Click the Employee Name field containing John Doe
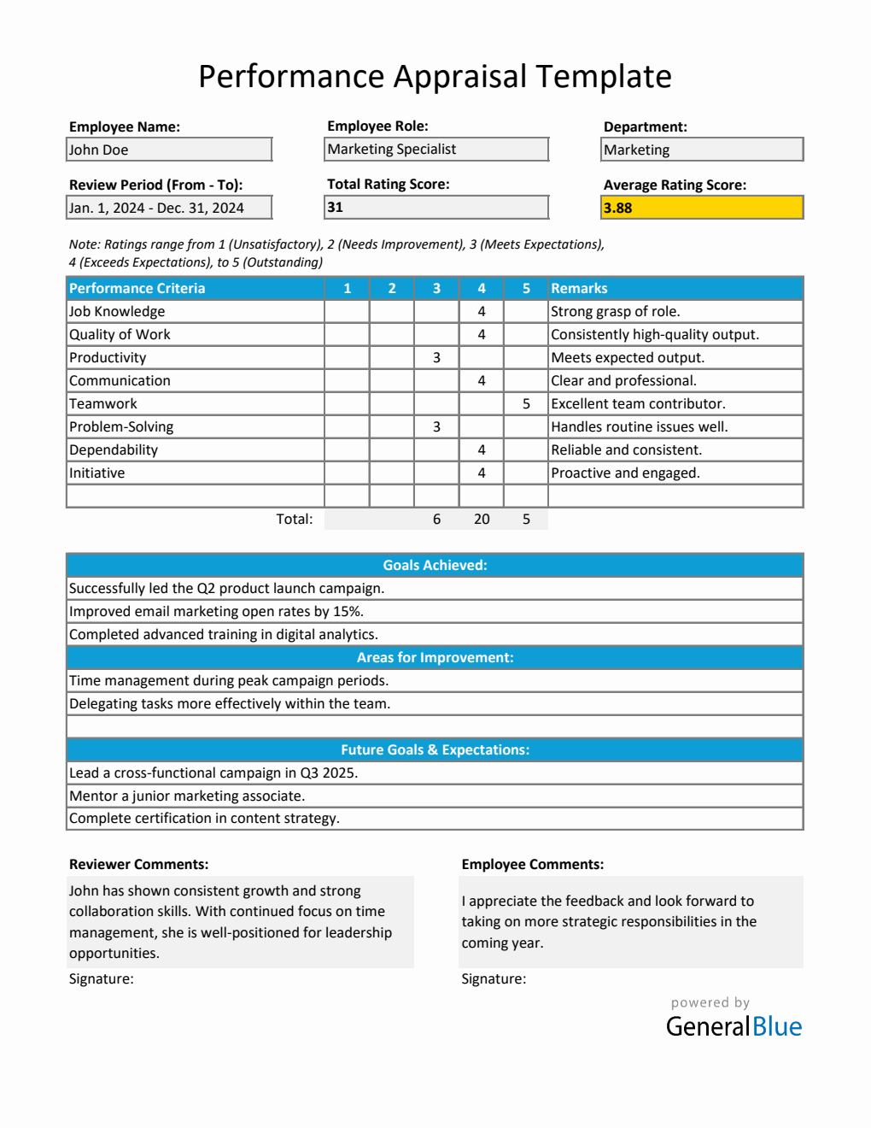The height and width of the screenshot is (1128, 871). point(169,150)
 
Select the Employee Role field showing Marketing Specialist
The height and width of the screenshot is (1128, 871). point(436,149)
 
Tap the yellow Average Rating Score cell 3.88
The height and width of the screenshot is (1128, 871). point(702,208)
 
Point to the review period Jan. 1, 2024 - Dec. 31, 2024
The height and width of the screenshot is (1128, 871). point(169,208)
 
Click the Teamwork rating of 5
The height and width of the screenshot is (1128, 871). point(526,403)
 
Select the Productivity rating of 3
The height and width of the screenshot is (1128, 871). point(436,357)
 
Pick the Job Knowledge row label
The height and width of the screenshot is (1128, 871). point(117,312)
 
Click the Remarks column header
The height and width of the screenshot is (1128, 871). point(579,289)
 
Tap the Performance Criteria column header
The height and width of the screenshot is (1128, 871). point(137,289)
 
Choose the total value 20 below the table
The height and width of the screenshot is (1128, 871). point(482,519)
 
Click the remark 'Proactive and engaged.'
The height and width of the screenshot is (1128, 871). point(625,473)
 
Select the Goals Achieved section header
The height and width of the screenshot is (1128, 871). point(435,565)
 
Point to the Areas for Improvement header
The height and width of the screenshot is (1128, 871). point(435,657)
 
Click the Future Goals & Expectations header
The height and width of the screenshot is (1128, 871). point(435,749)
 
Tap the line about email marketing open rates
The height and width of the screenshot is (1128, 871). point(216,611)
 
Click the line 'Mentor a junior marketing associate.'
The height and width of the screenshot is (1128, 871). point(187,796)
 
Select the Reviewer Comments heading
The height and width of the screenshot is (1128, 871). point(138,864)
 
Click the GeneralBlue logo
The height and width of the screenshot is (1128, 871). point(734,1025)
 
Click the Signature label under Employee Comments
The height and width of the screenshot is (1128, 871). point(494,978)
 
